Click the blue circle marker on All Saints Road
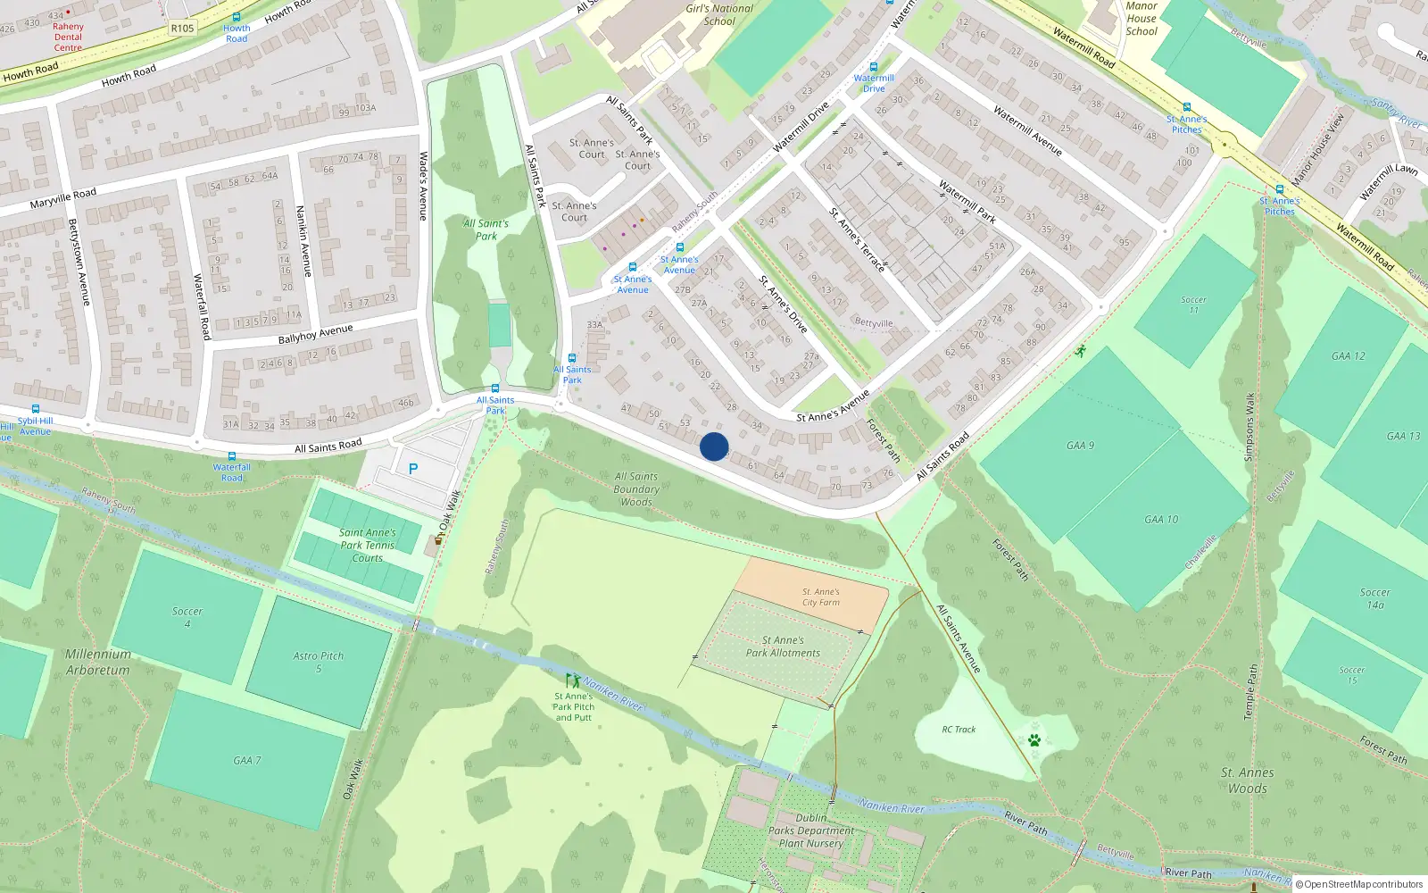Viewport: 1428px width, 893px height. click(714, 446)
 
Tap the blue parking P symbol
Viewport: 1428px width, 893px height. click(413, 469)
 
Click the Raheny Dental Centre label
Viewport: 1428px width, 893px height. click(68, 37)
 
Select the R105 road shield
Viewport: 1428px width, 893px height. click(182, 29)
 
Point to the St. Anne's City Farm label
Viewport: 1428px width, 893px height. click(820, 597)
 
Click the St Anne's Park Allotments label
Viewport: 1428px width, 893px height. click(783, 647)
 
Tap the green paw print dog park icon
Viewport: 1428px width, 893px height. click(1034, 740)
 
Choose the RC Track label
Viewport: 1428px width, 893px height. click(959, 730)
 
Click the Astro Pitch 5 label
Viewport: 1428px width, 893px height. click(318, 662)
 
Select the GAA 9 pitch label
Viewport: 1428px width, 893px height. click(1080, 445)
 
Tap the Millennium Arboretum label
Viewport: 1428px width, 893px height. click(97, 662)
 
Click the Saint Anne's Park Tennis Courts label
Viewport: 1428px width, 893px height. click(367, 545)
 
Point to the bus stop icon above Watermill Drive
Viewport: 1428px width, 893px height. click(874, 67)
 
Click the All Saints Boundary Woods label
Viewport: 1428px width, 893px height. click(636, 489)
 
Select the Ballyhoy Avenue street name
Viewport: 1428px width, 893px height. click(315, 334)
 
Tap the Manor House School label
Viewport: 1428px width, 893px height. click(1141, 19)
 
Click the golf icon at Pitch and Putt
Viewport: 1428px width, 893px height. click(573, 680)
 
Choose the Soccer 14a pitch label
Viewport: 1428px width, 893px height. click(1374, 598)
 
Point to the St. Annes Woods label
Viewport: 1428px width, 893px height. click(1248, 780)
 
